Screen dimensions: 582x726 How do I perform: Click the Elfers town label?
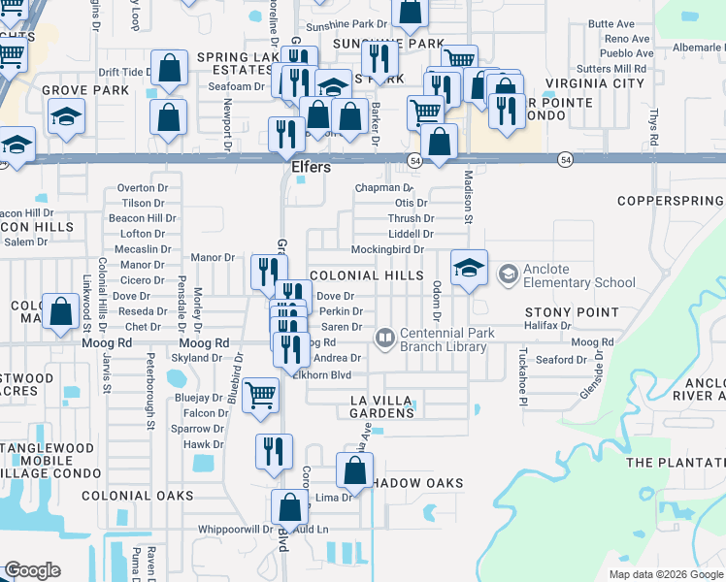point(312,167)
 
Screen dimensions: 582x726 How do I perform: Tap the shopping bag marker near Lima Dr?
point(355,471)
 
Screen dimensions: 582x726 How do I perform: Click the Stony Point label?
point(572,312)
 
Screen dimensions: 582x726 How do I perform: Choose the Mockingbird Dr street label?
point(387,249)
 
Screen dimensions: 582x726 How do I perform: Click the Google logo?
point(32,570)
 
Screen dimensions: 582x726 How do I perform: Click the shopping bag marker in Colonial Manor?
point(60,312)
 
